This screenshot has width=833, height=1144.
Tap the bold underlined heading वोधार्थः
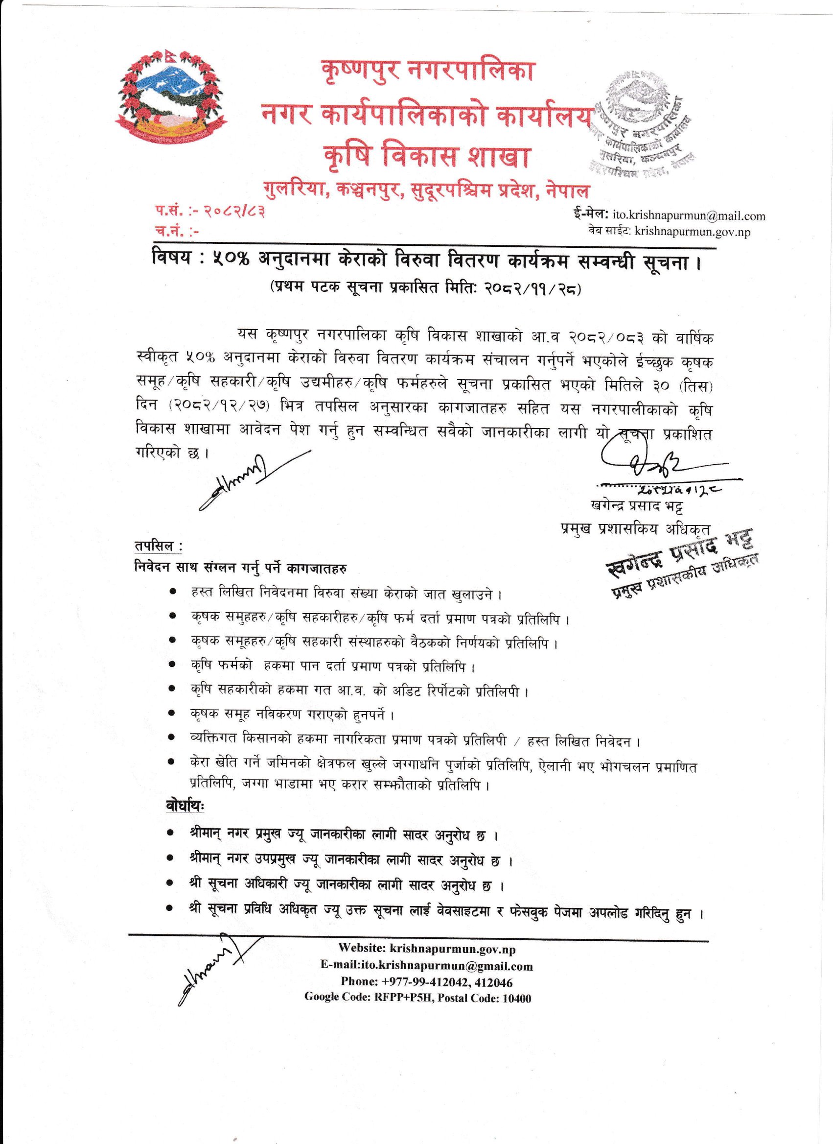pos(185,806)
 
